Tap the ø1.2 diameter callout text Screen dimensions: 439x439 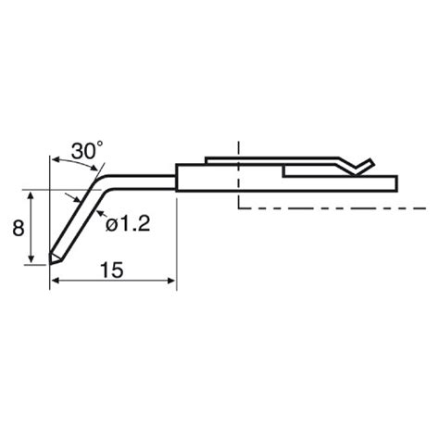point(128,224)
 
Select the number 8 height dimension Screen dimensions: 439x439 point(18,227)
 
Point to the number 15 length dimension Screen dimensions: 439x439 point(110,270)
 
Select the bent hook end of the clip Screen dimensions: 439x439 point(363,166)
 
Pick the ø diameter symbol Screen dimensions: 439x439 point(109,225)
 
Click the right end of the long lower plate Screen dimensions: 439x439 point(396,182)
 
